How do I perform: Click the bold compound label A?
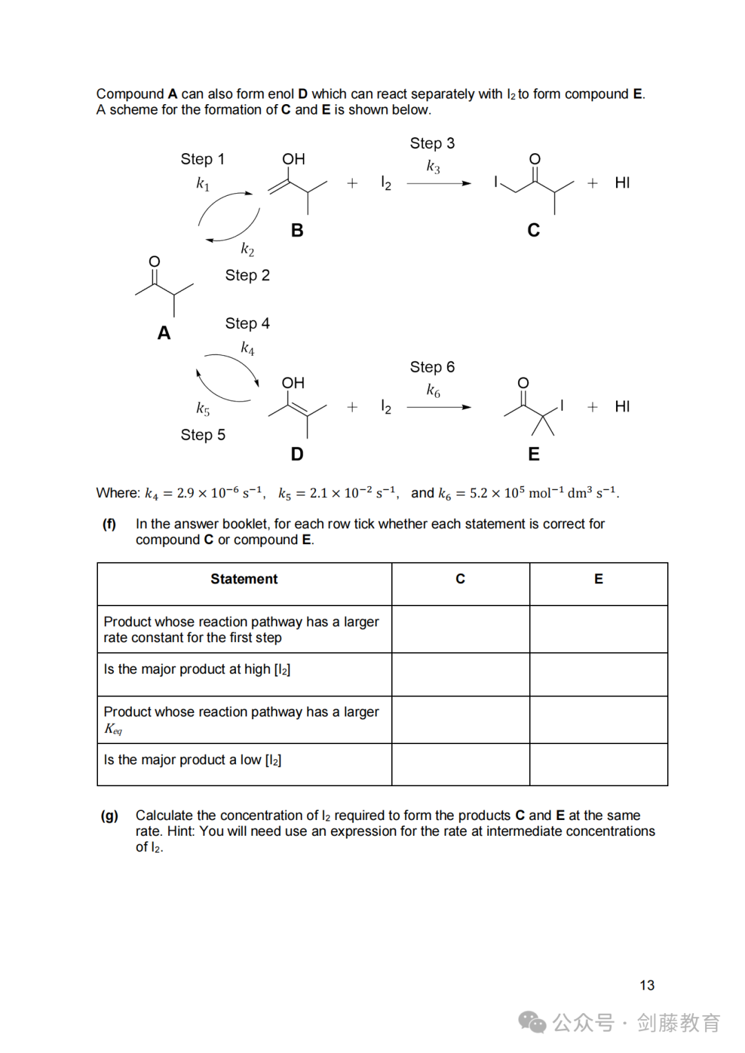(x=163, y=333)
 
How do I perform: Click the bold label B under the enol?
(x=297, y=230)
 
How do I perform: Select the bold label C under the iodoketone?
(x=533, y=230)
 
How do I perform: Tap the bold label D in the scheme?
(x=297, y=454)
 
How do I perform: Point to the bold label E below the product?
(x=533, y=454)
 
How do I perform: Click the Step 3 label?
(x=432, y=143)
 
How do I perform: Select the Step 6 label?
(x=432, y=367)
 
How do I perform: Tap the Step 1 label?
(x=202, y=159)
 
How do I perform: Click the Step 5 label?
(x=203, y=435)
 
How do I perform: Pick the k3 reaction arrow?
(x=439, y=183)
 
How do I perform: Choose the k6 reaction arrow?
(x=439, y=407)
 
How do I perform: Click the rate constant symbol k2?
(x=247, y=249)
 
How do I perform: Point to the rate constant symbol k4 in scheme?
(x=247, y=348)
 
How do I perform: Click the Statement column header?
(x=244, y=579)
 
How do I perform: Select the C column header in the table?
(x=460, y=579)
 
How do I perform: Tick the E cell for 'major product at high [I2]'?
(x=598, y=674)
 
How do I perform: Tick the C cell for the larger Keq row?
(x=460, y=720)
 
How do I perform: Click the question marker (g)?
(x=110, y=816)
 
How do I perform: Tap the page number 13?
(x=646, y=985)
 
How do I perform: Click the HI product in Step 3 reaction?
(x=622, y=183)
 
